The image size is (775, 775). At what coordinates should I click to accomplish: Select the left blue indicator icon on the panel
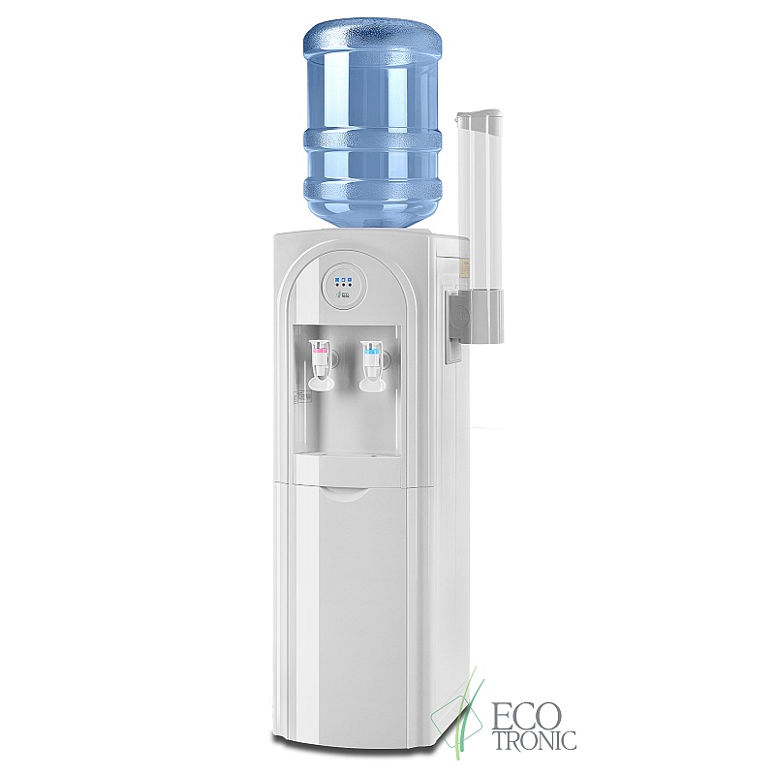coord(337,280)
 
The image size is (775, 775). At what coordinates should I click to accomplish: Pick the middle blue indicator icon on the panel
coord(344,280)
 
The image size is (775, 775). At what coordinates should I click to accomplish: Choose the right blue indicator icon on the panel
coord(350,280)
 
